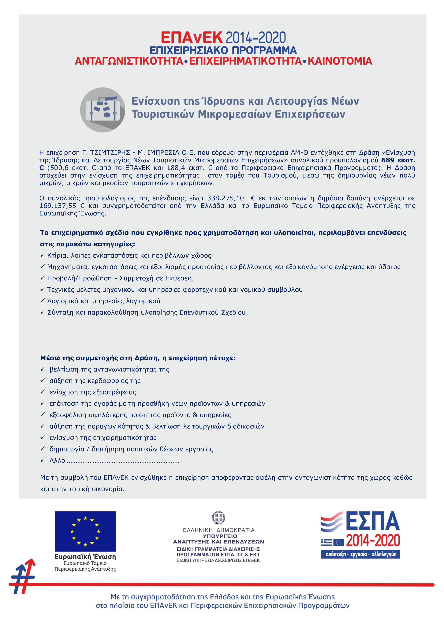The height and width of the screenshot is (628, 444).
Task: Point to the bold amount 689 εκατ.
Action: tap(398, 160)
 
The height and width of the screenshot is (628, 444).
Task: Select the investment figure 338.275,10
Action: tap(225, 198)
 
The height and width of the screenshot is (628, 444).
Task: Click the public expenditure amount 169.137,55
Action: tap(58, 206)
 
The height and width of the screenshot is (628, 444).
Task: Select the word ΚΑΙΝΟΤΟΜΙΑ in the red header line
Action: tap(340, 61)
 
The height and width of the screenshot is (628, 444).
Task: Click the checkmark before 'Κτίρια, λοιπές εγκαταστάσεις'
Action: tap(42, 255)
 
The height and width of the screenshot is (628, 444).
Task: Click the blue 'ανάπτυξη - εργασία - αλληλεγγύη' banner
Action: tap(360, 554)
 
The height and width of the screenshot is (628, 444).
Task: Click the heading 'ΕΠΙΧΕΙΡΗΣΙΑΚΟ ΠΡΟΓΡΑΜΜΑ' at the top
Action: tap(223, 50)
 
